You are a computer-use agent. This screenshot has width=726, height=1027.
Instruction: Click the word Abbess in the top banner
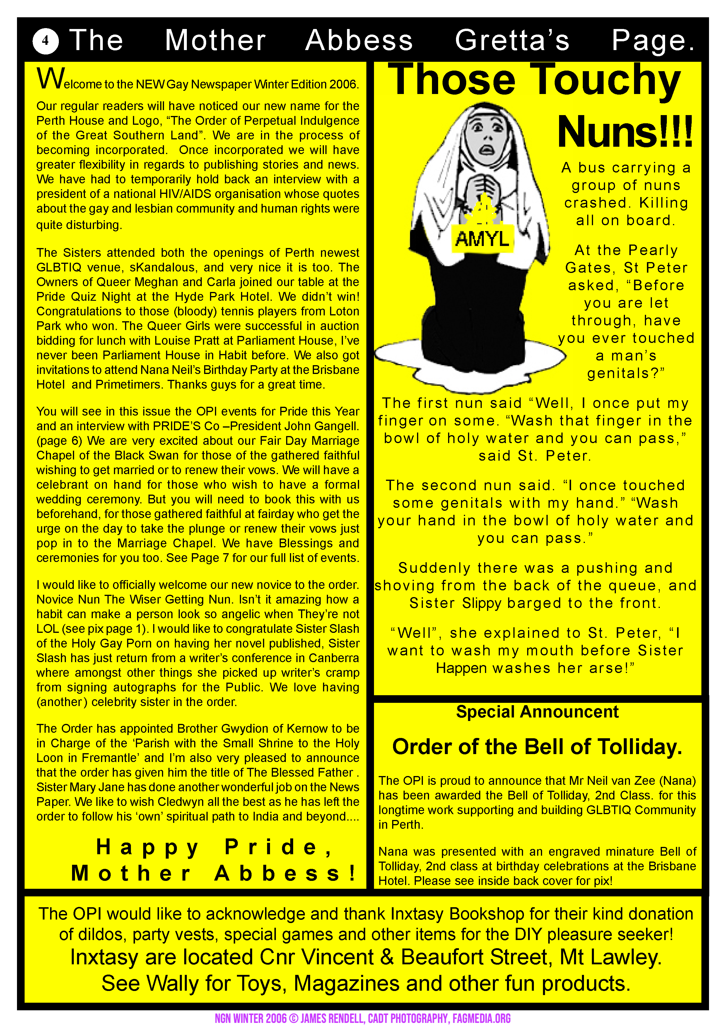pos(359,41)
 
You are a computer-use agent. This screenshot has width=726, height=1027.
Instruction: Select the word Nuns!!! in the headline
pos(625,132)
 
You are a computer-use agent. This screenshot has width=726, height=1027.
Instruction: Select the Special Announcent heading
pos(537,712)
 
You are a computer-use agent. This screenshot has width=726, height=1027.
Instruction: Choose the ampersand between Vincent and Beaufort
pos(387,957)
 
